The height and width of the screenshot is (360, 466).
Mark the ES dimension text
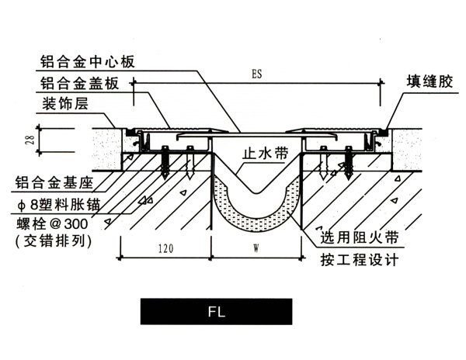(x=257, y=77)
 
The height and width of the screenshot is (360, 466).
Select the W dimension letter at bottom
(x=257, y=250)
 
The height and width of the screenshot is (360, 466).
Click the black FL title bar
(x=217, y=312)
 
